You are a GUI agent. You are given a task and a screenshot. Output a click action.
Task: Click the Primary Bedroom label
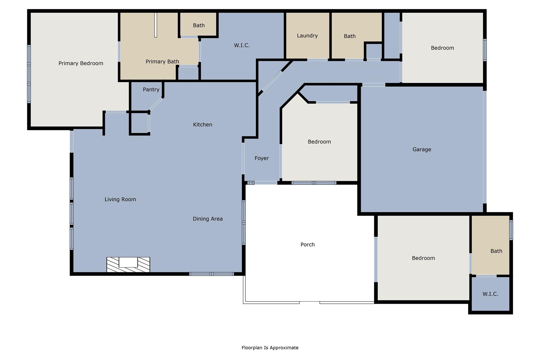tap(81, 63)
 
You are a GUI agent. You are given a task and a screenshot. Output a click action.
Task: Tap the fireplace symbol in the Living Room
tap(128, 264)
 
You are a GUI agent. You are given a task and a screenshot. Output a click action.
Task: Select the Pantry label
tap(151, 90)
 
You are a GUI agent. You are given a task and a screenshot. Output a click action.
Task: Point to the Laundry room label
tap(307, 36)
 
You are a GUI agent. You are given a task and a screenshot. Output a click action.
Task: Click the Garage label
tap(422, 150)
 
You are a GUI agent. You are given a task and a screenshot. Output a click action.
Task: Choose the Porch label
tap(307, 245)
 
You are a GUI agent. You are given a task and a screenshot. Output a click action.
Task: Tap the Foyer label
tap(262, 158)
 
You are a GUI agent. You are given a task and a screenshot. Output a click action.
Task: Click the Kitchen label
tap(202, 124)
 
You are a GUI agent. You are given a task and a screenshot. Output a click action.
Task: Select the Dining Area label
tap(208, 219)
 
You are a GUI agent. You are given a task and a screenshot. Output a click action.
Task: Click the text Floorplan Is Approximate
tap(270, 348)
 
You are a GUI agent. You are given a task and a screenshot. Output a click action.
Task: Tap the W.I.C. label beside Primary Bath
tap(242, 45)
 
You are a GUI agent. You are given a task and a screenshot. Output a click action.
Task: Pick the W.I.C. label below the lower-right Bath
tap(490, 294)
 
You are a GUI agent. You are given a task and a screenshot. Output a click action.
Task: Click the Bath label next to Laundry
tap(350, 36)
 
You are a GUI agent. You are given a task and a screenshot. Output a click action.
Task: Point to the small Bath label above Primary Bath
tap(199, 25)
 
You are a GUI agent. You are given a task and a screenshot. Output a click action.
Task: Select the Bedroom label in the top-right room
tap(442, 48)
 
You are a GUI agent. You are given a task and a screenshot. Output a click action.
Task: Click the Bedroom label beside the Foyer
tap(319, 142)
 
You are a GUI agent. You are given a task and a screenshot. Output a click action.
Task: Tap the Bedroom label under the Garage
tap(423, 258)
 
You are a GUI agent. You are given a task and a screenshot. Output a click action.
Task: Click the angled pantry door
tap(156, 104)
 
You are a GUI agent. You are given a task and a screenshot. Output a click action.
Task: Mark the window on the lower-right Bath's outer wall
tap(511, 230)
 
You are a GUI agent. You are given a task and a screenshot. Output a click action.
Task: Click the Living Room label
tap(120, 199)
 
